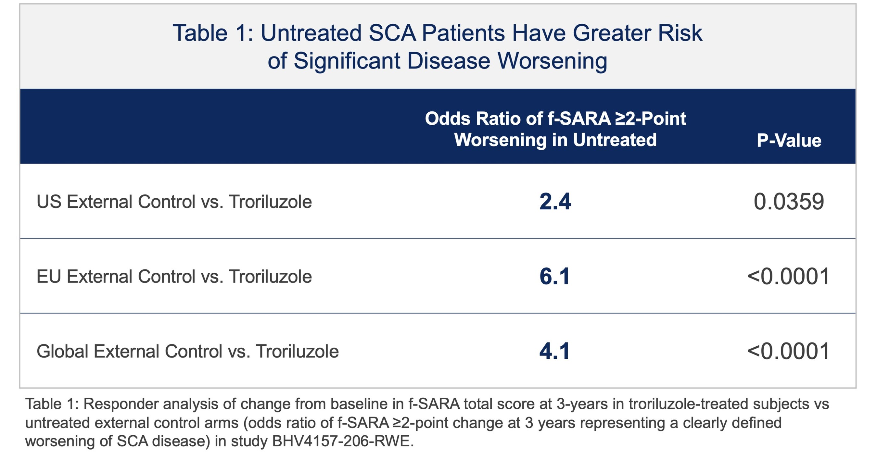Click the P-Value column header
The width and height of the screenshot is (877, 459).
coord(789,141)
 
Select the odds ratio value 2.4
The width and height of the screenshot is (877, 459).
coord(555,202)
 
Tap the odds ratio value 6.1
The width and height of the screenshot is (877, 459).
coord(554,276)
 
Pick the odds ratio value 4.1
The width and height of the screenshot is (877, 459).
coord(554,351)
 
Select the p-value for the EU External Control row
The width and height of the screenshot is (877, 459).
coord(788,276)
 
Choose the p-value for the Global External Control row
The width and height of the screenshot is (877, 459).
coord(788,351)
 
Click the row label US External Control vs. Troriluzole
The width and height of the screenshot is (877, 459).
coord(174,202)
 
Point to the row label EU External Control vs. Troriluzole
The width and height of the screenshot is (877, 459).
coord(174,276)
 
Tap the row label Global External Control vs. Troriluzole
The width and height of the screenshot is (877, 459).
coord(188,351)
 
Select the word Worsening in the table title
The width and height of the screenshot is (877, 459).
coord(552,61)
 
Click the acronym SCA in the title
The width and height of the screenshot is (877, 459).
coord(392,33)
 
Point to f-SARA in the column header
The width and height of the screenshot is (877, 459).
coord(579,119)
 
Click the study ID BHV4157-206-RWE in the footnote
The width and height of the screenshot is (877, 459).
coord(342,441)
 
